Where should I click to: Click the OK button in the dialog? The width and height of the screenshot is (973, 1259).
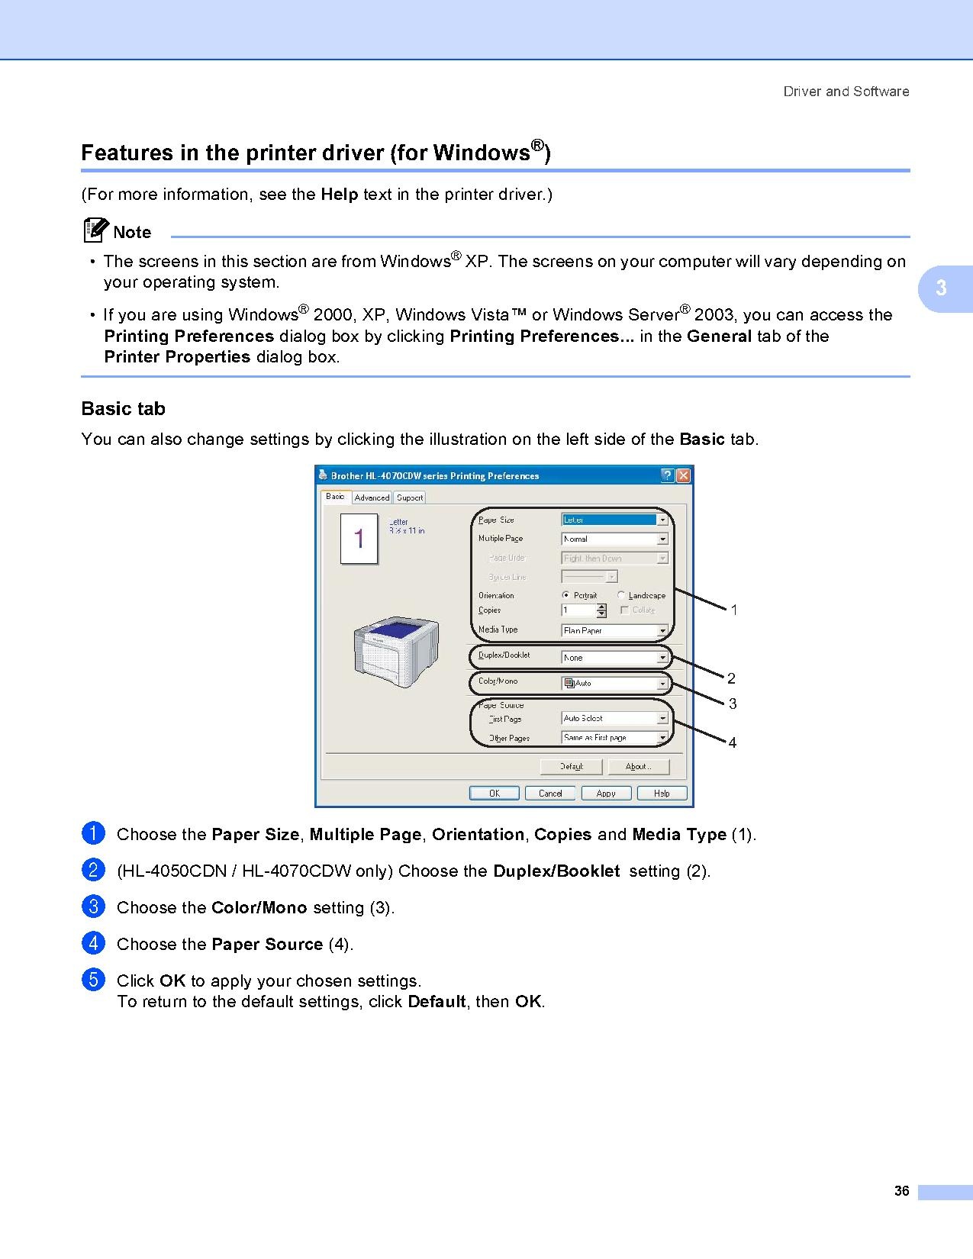(x=494, y=794)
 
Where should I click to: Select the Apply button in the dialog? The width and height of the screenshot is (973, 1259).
(x=606, y=794)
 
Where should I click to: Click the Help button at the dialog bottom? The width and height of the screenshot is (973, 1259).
(x=662, y=794)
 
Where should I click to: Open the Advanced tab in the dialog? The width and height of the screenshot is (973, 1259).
(x=372, y=497)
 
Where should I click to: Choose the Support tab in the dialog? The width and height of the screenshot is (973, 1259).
(x=410, y=497)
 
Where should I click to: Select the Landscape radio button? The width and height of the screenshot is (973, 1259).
(x=622, y=595)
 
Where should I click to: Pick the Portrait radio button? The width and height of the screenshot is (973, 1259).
(x=565, y=595)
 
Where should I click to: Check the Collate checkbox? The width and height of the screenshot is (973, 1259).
(x=625, y=610)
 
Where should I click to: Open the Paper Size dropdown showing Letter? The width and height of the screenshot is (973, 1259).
(x=614, y=520)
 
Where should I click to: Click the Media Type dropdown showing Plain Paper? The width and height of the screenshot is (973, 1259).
(x=614, y=630)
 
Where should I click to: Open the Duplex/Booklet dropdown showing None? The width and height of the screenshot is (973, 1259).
(x=614, y=657)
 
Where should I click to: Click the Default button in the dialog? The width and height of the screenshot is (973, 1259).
(x=572, y=766)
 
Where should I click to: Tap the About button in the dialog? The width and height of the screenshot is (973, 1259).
(x=637, y=766)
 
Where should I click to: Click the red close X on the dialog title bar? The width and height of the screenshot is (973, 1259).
(x=683, y=475)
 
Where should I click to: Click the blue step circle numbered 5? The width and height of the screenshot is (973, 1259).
(x=92, y=980)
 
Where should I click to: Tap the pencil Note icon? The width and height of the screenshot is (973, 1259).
(x=95, y=230)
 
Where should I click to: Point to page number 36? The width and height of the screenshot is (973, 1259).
(x=901, y=1191)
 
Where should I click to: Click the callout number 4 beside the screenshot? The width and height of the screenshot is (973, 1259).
(x=733, y=742)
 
